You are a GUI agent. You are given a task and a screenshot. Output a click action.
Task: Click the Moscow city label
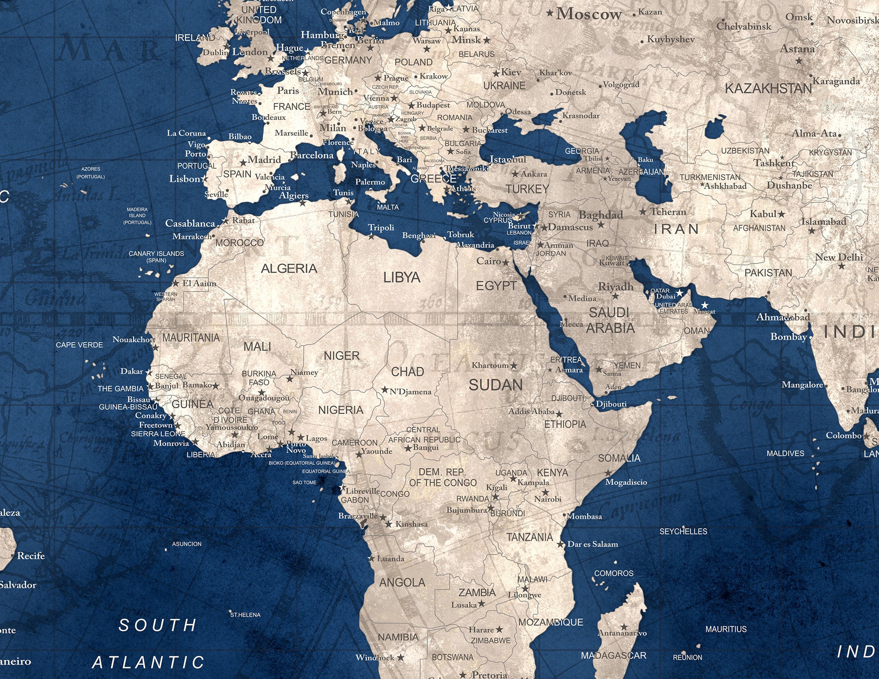(x=588, y=14)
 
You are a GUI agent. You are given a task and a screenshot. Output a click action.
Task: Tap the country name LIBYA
(x=402, y=277)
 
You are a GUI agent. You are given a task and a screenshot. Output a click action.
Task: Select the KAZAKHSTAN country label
(x=768, y=88)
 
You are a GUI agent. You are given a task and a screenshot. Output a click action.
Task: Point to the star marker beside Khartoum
(x=514, y=365)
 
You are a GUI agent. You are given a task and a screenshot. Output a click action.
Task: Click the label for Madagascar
(x=614, y=655)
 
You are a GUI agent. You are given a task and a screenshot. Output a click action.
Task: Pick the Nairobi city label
(x=548, y=499)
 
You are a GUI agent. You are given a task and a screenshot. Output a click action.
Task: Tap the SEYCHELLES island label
(x=683, y=531)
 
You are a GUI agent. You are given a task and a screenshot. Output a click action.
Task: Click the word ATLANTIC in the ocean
(x=148, y=662)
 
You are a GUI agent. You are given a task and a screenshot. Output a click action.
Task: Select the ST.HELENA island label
(x=245, y=615)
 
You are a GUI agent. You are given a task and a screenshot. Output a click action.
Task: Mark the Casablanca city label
(x=190, y=223)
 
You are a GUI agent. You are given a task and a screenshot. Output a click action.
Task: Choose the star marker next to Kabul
(x=781, y=214)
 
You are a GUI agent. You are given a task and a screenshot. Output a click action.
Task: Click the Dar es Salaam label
(x=592, y=544)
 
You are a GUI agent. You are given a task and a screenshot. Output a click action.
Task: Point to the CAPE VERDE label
(x=79, y=345)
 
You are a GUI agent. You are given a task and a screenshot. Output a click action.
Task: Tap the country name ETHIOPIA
(x=565, y=424)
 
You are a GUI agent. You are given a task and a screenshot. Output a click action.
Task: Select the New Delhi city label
(x=839, y=257)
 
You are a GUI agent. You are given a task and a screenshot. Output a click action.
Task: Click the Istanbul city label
(x=508, y=159)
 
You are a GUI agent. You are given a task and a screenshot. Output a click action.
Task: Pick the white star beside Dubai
(x=680, y=293)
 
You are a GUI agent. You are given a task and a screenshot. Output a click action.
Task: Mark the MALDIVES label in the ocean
(x=785, y=453)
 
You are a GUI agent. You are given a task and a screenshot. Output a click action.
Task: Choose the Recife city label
(x=31, y=556)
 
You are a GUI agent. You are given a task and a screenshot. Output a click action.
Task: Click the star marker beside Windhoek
(x=401, y=657)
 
